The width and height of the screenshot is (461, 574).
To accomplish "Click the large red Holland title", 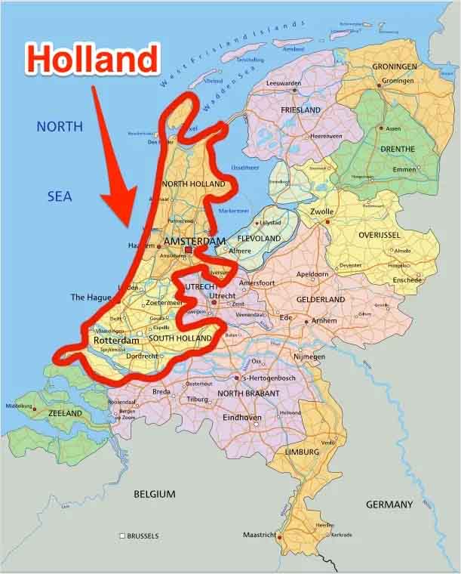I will pos(94,58).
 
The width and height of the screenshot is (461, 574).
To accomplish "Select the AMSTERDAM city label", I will pos(194,241).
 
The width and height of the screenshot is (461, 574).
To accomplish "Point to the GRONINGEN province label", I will pos(394,66).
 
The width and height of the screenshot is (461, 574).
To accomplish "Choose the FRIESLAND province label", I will pos(300,110).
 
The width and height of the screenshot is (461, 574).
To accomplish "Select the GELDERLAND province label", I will pos(320,300).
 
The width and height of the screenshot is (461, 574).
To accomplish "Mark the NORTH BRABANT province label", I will pos(248,393).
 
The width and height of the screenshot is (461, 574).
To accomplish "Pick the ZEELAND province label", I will pos(65,414).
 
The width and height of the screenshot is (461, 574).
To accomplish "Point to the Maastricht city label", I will pos(258,535).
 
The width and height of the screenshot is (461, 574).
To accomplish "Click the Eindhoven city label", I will pos(242,418).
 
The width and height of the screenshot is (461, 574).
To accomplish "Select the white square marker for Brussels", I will pos(122,536).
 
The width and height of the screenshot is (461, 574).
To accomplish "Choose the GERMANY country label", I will pos(389,504).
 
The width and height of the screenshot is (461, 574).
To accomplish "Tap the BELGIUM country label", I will pos(154,494).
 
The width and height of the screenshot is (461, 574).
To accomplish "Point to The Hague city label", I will pos(91,298).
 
